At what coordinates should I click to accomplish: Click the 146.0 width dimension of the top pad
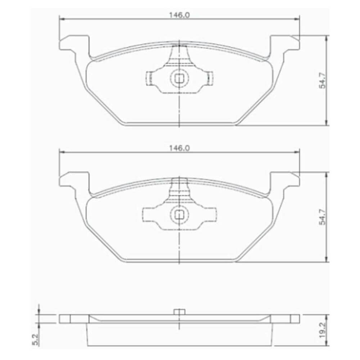coord(179,15)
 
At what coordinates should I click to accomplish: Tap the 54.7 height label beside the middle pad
coord(323,217)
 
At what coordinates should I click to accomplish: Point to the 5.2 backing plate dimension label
coord(36,339)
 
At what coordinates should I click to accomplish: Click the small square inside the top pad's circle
coord(179,79)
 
